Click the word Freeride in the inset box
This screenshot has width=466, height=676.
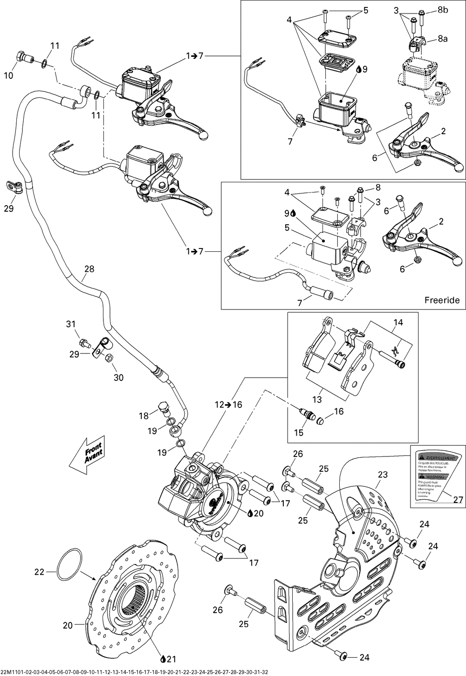click(x=442, y=300)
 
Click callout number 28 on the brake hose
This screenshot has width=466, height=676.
click(x=89, y=269)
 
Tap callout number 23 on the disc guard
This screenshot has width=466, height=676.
click(x=383, y=475)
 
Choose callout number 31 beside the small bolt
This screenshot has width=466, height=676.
click(x=70, y=324)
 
